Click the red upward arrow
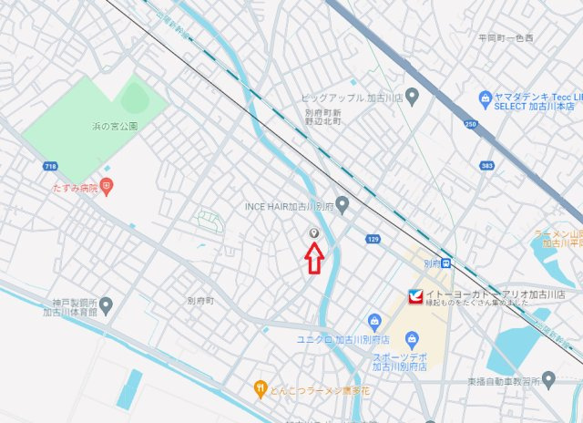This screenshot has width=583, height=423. click(313, 259)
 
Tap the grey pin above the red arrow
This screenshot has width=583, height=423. click(314, 232)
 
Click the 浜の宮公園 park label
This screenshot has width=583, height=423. click(114, 127)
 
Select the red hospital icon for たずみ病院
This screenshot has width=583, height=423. click(107, 187)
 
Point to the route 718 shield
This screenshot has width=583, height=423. click(49, 166)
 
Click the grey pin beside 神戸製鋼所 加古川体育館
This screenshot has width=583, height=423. click(107, 304)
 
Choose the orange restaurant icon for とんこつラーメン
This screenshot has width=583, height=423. click(261, 387)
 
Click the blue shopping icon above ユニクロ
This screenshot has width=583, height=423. click(373, 321)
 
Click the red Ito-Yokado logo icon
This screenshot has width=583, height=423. click(414, 296)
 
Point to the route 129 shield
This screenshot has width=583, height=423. click(373, 239)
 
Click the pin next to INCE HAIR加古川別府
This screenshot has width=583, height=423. click(343, 204)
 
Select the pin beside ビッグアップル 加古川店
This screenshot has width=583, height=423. click(412, 96)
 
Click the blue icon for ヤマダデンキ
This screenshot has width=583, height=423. click(485, 98)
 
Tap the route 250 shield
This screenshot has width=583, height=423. click(471, 123)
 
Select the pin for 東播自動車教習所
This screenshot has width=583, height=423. click(547, 379)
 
